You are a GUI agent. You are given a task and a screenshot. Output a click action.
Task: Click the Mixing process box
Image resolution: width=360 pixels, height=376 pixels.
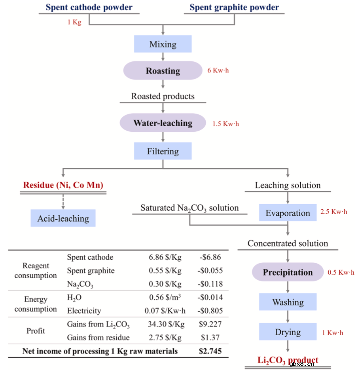click(x=163, y=44)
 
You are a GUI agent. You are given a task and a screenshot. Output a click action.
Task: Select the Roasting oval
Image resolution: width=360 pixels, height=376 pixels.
click(x=163, y=70)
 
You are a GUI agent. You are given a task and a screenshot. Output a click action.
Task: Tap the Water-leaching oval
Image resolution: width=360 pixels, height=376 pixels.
click(x=163, y=123)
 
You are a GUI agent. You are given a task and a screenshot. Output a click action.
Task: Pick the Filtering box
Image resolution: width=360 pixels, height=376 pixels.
click(x=163, y=151)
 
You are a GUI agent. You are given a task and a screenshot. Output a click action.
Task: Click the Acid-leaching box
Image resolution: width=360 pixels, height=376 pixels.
click(x=63, y=218)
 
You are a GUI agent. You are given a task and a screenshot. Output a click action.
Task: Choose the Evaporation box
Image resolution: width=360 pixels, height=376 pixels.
click(x=288, y=213)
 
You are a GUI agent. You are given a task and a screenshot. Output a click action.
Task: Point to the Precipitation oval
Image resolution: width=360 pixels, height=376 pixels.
click(x=288, y=272)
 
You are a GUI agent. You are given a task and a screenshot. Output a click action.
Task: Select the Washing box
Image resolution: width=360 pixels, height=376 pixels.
click(x=288, y=302)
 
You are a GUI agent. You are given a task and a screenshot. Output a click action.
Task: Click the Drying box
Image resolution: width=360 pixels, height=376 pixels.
click(x=288, y=332)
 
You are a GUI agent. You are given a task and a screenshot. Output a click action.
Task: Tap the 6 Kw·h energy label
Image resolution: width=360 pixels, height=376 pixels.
click(x=218, y=70)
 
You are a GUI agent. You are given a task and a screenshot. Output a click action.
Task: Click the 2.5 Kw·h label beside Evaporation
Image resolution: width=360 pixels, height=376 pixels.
click(x=333, y=211)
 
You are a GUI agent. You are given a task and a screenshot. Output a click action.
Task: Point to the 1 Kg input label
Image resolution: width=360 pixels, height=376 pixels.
click(x=74, y=22)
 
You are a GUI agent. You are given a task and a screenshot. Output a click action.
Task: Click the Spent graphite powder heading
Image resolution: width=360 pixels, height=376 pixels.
click(x=234, y=7)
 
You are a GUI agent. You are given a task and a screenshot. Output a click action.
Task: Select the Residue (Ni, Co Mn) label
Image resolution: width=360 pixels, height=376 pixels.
click(x=63, y=185)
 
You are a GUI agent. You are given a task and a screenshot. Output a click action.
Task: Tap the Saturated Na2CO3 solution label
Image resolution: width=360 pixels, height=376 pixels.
click(x=189, y=208)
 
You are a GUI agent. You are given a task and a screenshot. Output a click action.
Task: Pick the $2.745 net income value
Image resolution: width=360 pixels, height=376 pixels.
click(x=210, y=351)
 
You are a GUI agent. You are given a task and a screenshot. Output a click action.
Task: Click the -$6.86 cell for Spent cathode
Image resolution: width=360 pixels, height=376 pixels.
click(x=210, y=257)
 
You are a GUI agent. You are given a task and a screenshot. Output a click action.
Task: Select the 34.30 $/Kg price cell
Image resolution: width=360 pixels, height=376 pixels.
click(x=166, y=324)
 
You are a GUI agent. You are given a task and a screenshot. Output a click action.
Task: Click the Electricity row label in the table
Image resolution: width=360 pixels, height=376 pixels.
click(x=84, y=311)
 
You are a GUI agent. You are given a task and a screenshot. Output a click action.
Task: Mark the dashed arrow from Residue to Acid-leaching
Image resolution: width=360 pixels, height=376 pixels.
click(x=63, y=202)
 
